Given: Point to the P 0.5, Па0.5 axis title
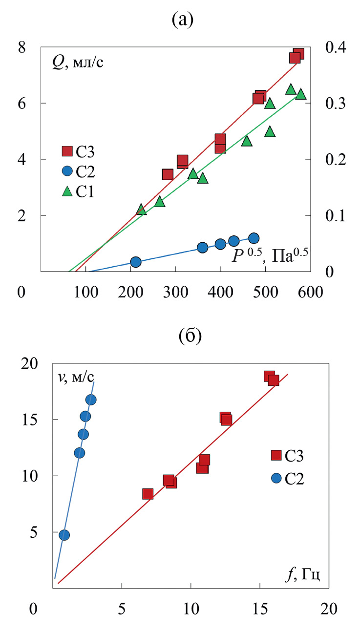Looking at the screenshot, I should click(x=271, y=254).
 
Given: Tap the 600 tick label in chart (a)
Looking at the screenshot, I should click(x=311, y=293).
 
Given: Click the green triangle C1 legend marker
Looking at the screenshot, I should click(x=68, y=192).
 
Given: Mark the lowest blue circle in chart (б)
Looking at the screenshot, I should click(x=64, y=535).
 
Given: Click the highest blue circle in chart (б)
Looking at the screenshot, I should click(x=91, y=400).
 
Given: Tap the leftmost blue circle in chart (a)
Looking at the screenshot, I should click(x=136, y=262).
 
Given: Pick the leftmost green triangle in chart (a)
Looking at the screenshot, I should click(x=141, y=210).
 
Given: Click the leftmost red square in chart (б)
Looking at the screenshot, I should click(x=148, y=494).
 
